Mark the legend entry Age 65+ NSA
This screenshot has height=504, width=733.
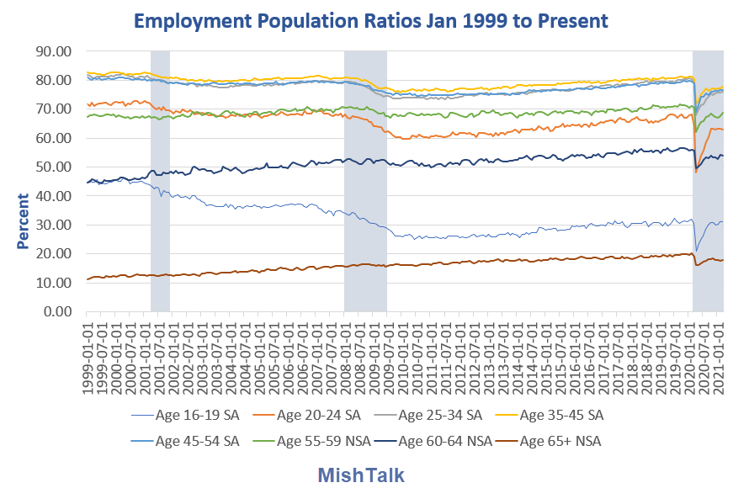(x=560, y=440)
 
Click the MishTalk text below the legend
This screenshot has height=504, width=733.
(x=361, y=475)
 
